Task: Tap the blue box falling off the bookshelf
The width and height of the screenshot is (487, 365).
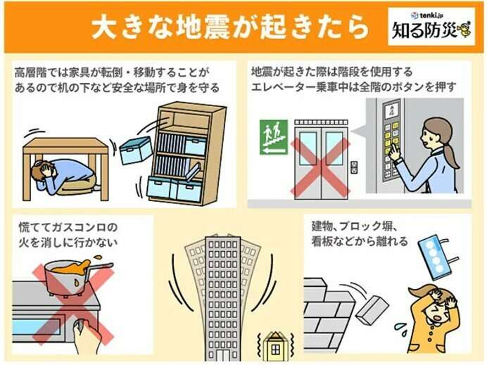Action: [135, 150]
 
